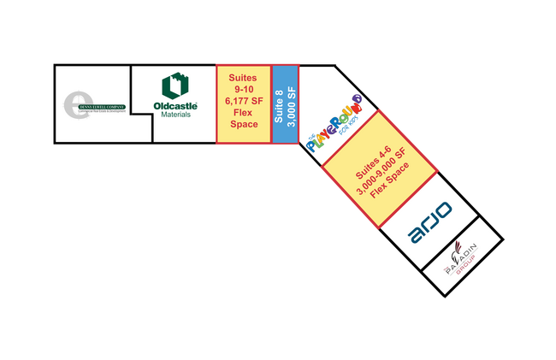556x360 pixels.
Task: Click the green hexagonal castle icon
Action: tap(175, 86)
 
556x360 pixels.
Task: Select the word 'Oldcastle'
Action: tap(175, 106)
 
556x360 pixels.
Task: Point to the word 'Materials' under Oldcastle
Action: tap(175, 115)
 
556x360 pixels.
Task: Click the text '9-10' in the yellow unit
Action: tap(244, 88)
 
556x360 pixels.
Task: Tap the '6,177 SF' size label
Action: tap(244, 100)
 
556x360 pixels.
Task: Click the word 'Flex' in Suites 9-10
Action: tap(244, 112)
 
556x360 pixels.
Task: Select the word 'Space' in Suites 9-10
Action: tap(244, 124)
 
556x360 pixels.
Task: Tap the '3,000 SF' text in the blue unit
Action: tap(291, 103)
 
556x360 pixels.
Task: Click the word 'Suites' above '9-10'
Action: tap(244, 76)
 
